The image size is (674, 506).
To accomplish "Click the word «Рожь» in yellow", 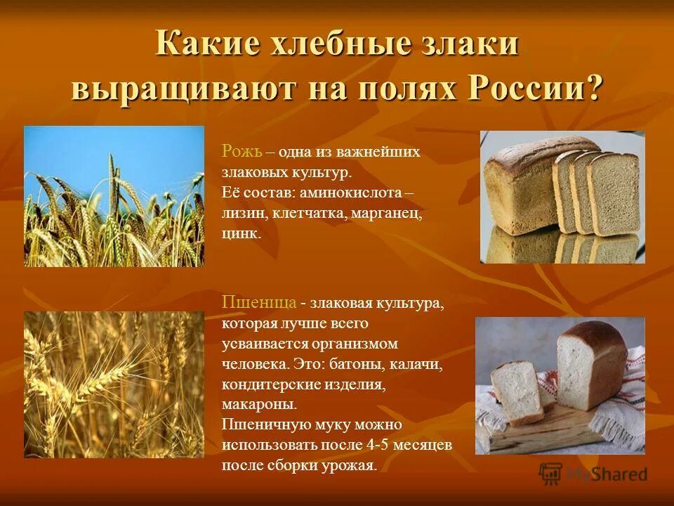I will [x=242, y=151].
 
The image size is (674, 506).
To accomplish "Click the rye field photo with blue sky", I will [x=114, y=196].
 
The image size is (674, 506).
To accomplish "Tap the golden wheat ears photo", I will [x=114, y=384].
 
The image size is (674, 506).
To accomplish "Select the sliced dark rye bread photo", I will [x=562, y=197].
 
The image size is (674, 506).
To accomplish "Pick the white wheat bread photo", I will [x=560, y=385].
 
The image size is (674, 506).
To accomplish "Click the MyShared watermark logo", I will [x=593, y=474].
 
